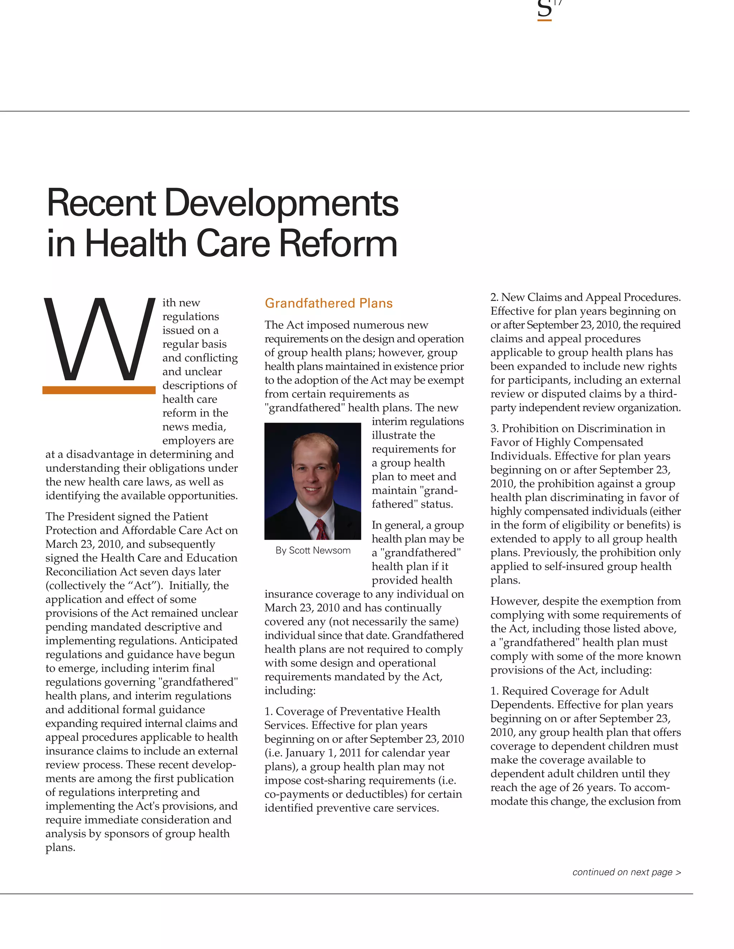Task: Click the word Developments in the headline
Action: (x=281, y=203)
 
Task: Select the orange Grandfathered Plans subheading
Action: (x=328, y=303)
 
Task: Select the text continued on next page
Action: (x=626, y=872)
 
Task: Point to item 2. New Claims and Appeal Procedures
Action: (x=585, y=298)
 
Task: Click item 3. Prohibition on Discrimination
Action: (x=577, y=429)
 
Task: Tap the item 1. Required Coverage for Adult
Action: (x=569, y=691)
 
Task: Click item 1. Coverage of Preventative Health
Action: (x=352, y=711)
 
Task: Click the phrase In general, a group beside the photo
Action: (x=418, y=525)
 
